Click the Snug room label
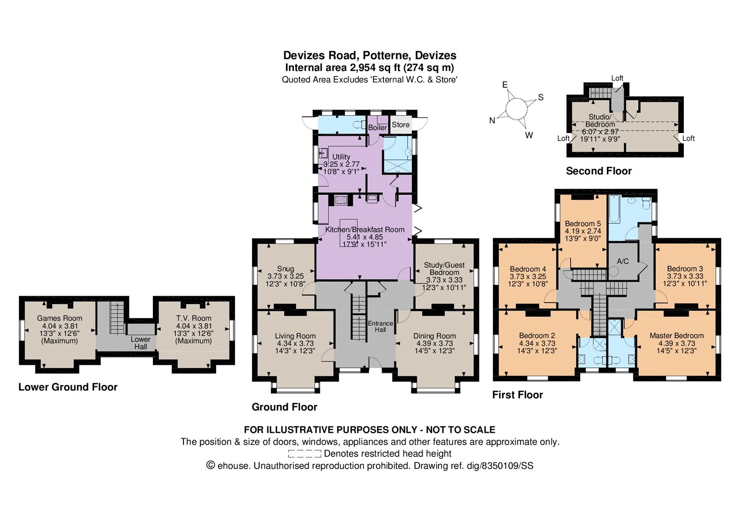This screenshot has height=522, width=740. tap(286, 269)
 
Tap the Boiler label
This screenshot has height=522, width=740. tap(377, 128)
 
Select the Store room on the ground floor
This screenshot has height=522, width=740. tap(401, 125)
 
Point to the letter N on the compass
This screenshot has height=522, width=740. tap(492, 120)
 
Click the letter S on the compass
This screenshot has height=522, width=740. tap(541, 97)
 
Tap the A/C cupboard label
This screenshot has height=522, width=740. tap(623, 261)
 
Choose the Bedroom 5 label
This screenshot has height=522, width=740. tap(583, 223)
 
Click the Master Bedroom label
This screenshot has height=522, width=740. tap(676, 336)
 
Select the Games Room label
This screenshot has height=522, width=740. tap(60, 318)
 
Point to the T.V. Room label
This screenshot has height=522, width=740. tap(193, 318)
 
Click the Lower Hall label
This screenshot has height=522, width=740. tap(141, 343)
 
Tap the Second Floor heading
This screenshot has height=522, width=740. tap(598, 171)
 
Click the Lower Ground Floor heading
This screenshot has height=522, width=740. tap(68, 386)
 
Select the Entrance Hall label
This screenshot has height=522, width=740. tap(380, 326)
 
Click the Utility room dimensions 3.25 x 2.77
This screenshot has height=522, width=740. tap(341, 164)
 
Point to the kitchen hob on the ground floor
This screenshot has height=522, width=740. tap(341, 200)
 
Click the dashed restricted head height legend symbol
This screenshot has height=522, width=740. tap(304, 453)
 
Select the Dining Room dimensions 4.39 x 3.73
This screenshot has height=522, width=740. tap(435, 344)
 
